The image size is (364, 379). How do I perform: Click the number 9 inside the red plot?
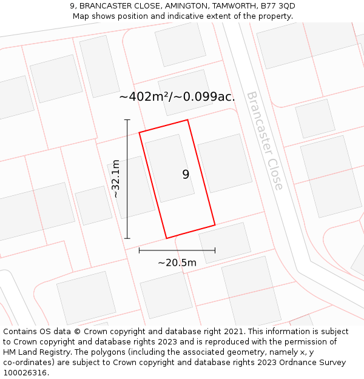pos(186,175)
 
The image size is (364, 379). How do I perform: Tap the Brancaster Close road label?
pos(265,141)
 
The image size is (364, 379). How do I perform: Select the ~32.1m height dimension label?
pos(115,179)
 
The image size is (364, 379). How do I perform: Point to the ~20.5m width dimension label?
pos(177,263)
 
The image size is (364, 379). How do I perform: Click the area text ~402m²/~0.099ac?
pos(177,96)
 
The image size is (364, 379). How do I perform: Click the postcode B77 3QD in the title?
pos(278,6)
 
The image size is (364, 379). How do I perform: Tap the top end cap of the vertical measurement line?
pos(127,120)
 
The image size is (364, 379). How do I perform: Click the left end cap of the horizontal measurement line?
pos(140,250)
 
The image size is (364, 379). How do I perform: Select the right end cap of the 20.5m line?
pos(215,250)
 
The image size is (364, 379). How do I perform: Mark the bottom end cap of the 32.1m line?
pos(127,238)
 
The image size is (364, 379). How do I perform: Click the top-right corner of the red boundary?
pos(187,120)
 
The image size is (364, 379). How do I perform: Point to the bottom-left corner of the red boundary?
pos(167,238)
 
